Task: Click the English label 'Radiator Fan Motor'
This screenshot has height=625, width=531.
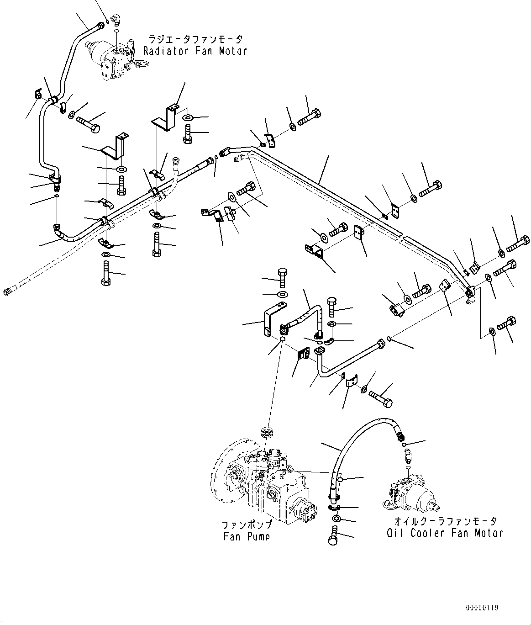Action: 195,51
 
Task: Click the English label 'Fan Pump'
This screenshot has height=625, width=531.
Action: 246,536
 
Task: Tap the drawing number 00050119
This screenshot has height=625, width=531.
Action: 482,608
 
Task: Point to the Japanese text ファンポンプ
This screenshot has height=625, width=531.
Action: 247,524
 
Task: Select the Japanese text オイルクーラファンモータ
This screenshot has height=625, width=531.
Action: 446,521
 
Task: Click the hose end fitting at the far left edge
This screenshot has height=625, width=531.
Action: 7,291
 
